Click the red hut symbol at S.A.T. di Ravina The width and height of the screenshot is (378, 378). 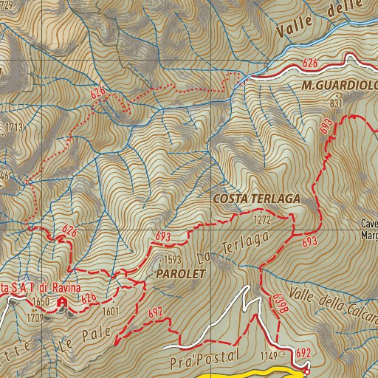62,303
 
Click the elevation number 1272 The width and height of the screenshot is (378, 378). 261,220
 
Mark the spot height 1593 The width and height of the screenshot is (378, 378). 171,261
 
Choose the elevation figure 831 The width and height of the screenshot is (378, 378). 337,104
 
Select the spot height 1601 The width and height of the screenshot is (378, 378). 111,312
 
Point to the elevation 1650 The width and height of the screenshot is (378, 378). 41,303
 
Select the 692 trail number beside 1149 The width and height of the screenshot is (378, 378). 302,354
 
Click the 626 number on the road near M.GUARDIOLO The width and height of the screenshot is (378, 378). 311,63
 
